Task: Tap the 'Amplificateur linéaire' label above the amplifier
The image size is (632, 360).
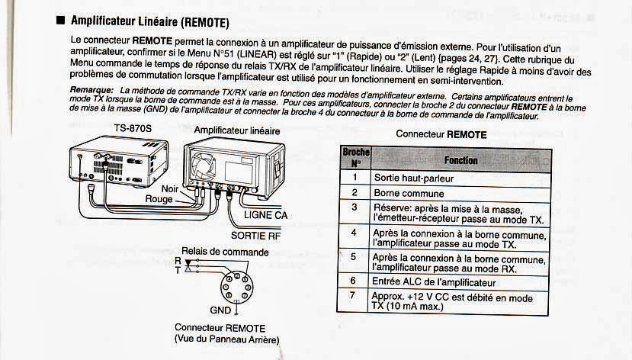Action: (x=236, y=130)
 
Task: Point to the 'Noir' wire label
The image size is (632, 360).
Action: (x=172, y=188)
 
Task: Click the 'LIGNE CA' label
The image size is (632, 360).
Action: (x=265, y=215)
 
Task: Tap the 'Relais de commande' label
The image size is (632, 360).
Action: (x=225, y=252)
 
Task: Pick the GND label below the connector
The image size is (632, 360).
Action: (x=220, y=310)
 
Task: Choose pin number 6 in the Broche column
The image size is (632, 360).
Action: (x=354, y=281)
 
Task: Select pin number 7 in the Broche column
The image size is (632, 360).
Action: (x=354, y=295)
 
